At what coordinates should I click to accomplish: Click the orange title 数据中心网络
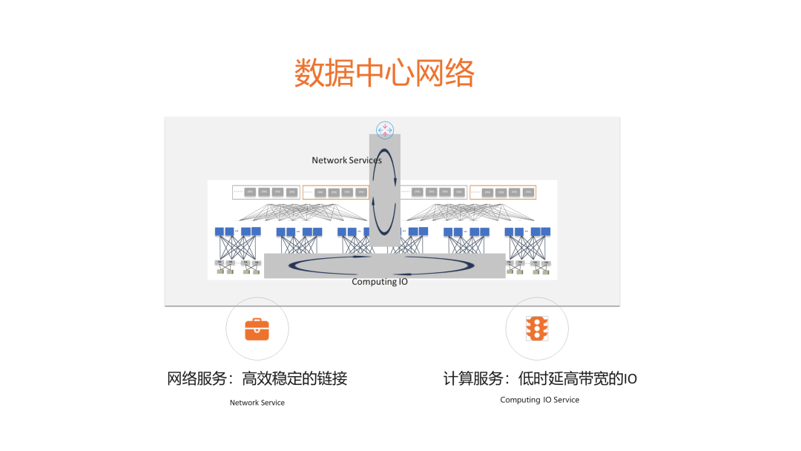click(x=384, y=73)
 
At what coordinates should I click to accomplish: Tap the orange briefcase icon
click(x=257, y=329)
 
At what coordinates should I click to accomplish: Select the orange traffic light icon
click(x=536, y=328)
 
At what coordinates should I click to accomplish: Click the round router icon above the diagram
click(x=385, y=130)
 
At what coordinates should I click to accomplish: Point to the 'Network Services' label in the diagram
click(x=346, y=160)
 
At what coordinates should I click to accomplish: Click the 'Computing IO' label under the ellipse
click(x=379, y=282)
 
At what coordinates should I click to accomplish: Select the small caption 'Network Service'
click(x=257, y=403)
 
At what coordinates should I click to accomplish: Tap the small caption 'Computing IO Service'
click(x=539, y=400)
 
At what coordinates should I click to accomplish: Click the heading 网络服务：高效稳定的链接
click(x=257, y=378)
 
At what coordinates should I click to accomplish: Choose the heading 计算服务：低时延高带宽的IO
click(x=539, y=378)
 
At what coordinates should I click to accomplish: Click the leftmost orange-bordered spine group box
click(x=335, y=192)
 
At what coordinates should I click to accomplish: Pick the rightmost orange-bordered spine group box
click(x=503, y=192)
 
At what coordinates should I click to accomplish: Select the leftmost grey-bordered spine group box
click(x=266, y=192)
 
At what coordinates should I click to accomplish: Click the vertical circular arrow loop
click(x=384, y=192)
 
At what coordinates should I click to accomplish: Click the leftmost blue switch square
click(x=220, y=231)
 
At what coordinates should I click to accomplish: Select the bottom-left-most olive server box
click(x=220, y=271)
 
